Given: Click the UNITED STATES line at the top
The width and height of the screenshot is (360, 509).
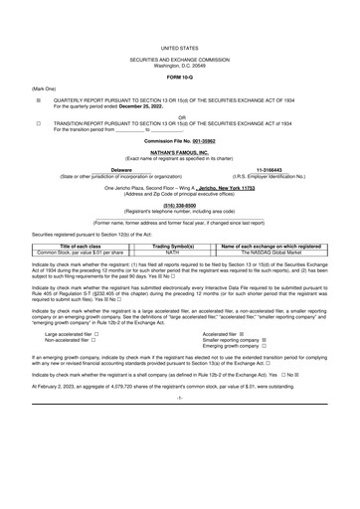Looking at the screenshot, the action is tap(180, 46).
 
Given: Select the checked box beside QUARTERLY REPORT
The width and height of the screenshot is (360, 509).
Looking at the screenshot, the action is tap(38, 100).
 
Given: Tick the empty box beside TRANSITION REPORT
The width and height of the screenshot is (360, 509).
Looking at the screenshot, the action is tap(38, 122).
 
